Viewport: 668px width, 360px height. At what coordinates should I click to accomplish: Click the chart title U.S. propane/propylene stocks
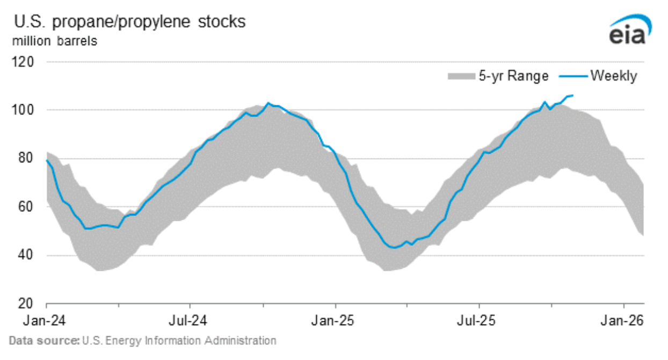(x=129, y=22)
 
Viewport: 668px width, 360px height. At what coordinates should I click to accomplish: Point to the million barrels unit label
(x=55, y=41)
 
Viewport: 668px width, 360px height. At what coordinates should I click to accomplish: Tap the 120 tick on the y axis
(x=25, y=62)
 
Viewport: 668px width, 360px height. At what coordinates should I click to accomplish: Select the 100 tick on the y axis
(x=25, y=110)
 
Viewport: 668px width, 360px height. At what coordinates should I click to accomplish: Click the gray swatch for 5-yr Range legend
(x=461, y=76)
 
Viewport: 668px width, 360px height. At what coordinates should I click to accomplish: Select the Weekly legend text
(x=614, y=76)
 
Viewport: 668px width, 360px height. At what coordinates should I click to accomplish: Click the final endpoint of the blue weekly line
(x=573, y=95)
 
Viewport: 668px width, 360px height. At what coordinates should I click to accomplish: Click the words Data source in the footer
(x=43, y=341)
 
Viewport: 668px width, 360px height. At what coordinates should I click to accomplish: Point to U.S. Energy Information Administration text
(x=178, y=341)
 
